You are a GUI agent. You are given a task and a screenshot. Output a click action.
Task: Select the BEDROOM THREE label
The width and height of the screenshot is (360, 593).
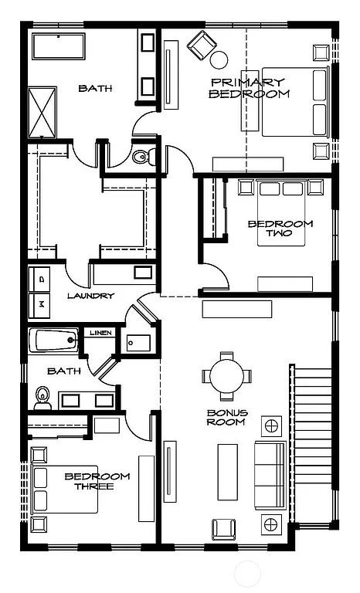pyautogui.click(x=97, y=481)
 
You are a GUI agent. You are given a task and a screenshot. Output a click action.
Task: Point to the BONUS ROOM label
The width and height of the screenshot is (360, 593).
pyautogui.click(x=226, y=417)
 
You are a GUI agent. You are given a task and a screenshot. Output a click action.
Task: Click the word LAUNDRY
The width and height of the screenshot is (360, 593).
pyautogui.click(x=90, y=296)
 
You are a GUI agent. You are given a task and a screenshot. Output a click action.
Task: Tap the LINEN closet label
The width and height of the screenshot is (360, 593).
pyautogui.click(x=100, y=333)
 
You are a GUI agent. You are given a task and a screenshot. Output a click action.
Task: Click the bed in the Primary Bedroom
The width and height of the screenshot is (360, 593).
pyautogui.click(x=296, y=101)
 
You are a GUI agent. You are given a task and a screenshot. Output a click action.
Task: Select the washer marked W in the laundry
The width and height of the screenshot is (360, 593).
pyautogui.click(x=41, y=305)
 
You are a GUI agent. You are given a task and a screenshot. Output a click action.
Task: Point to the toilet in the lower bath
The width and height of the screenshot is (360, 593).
pyautogui.click(x=42, y=397)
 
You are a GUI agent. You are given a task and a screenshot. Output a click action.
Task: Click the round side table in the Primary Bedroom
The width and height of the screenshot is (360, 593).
pyautogui.click(x=219, y=59)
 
